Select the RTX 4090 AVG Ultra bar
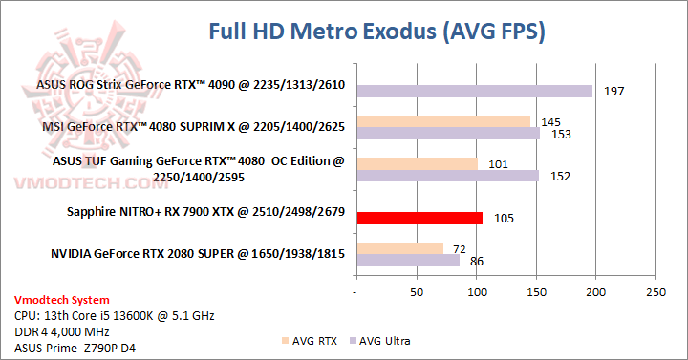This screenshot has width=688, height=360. (x=474, y=92)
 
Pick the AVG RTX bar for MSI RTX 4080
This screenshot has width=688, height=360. (x=442, y=121)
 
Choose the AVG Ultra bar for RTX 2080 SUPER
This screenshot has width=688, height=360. (x=407, y=260)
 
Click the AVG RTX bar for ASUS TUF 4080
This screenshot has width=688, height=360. (x=417, y=163)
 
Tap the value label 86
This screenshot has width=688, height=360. (x=474, y=260)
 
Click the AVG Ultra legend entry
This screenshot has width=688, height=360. (x=386, y=339)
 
